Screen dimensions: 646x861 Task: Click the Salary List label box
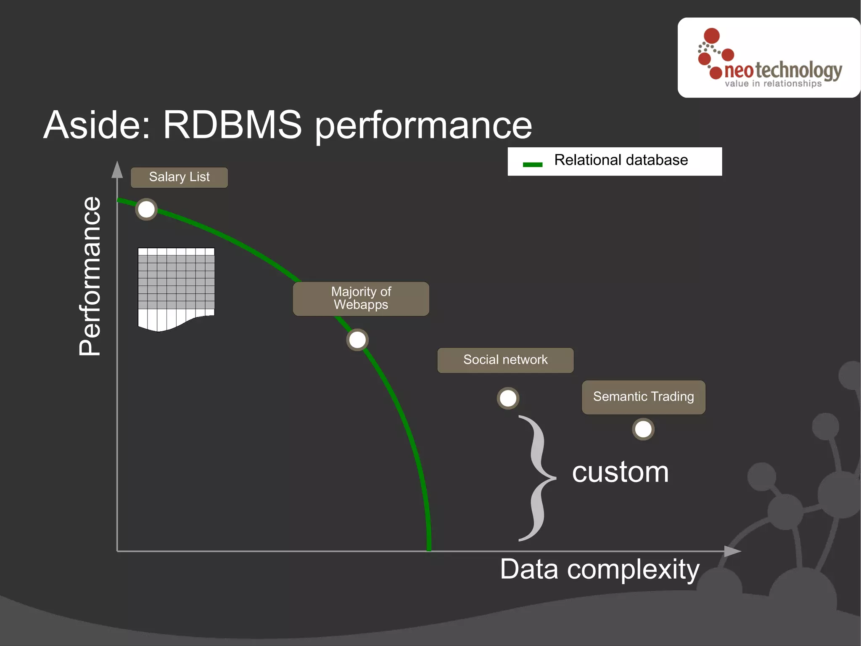click(179, 177)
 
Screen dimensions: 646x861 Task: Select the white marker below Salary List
click(146, 210)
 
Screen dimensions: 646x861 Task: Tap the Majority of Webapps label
click(361, 298)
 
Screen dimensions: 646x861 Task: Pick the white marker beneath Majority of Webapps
click(357, 340)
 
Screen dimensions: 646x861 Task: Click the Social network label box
click(505, 360)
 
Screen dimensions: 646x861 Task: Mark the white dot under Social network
click(508, 398)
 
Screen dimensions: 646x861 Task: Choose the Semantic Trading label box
click(643, 397)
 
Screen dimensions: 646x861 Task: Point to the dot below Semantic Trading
click(643, 429)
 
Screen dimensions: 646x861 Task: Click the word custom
click(620, 472)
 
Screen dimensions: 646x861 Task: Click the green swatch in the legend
click(532, 165)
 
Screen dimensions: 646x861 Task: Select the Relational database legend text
click(621, 160)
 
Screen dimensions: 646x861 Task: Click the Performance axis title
click(90, 276)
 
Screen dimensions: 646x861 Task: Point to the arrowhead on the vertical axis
click(117, 170)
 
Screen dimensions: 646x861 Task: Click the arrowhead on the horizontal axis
click(732, 551)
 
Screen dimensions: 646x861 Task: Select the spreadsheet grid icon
click(176, 288)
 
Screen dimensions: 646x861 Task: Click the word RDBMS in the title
click(232, 125)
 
